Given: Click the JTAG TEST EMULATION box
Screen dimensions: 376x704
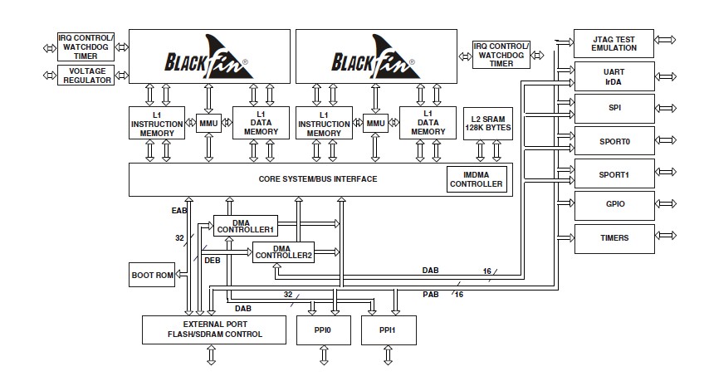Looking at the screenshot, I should tap(614, 43).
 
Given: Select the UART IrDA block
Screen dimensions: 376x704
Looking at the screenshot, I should tap(614, 76).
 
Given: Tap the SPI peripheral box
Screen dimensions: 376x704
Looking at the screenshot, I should tap(614, 109).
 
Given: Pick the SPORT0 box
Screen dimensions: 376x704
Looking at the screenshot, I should tap(614, 141).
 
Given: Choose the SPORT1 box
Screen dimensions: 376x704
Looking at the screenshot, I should tap(614, 174).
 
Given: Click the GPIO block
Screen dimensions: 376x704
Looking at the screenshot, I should tap(614, 203).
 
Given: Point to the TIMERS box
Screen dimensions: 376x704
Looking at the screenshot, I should tap(614, 237).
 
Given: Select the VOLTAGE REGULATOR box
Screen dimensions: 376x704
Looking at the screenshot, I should tap(86, 76).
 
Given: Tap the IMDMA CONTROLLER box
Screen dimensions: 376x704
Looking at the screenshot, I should tap(477, 178).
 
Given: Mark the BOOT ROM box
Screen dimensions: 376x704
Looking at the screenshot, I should tap(153, 275).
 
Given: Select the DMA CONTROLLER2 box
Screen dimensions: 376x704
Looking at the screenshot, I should tap(283, 251).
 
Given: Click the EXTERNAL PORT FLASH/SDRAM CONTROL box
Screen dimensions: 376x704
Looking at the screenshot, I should tap(211, 329).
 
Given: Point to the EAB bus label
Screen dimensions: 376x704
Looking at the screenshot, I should tap(179, 212).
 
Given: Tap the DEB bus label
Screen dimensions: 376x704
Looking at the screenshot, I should tap(213, 259).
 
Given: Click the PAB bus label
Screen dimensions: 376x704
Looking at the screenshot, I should tap(430, 293).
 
